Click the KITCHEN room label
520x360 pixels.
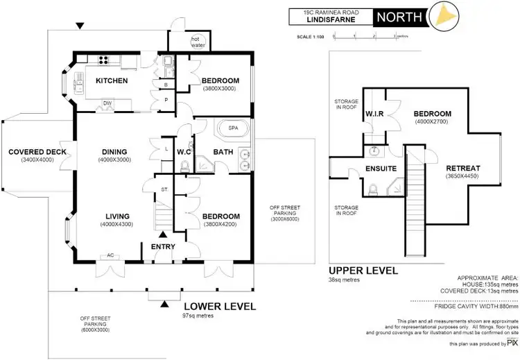click(112, 81)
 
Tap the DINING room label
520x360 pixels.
click(114, 153)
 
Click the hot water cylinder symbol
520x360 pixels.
click(200, 42)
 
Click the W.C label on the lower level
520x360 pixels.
click(184, 153)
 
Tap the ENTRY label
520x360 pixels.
click(163, 247)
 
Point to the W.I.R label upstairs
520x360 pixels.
click(374, 114)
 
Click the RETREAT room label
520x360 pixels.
click(463, 169)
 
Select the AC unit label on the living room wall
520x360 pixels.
click(110, 256)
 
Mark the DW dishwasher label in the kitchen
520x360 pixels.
click(107, 103)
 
